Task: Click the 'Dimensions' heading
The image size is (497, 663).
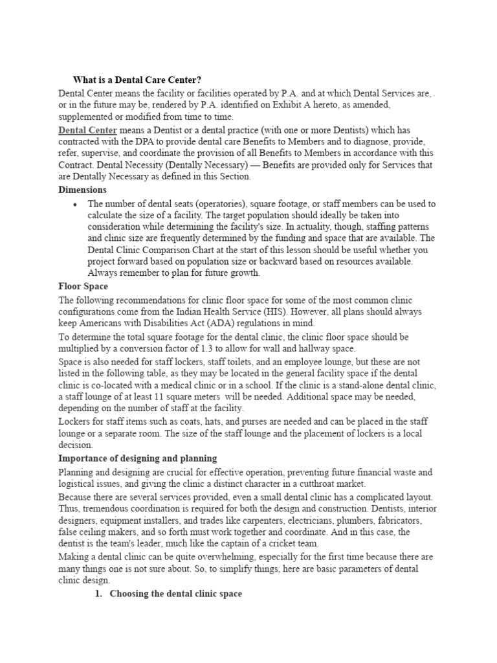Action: click(82, 190)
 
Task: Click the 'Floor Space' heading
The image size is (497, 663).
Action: click(83, 286)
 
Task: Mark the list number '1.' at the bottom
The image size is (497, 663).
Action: click(99, 594)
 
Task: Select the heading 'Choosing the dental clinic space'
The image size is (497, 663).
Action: click(176, 594)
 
